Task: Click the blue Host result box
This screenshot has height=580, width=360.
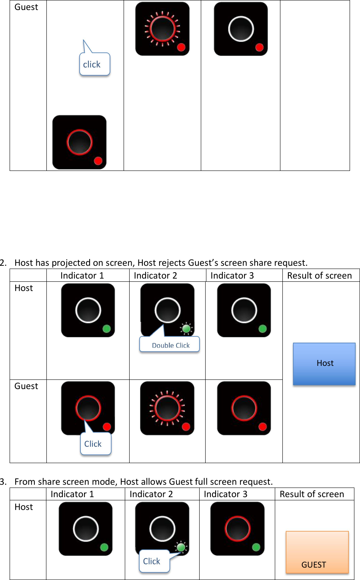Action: pyautogui.click(x=324, y=363)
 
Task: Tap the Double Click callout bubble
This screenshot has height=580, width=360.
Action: pyautogui.click(x=170, y=345)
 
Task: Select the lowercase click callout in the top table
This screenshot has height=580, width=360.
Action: pyautogui.click(x=94, y=64)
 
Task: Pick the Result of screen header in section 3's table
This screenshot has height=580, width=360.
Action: pyautogui.click(x=312, y=494)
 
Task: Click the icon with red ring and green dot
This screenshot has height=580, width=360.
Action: pyautogui.click(x=237, y=528)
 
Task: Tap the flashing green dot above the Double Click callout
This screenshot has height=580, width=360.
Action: pyautogui.click(x=186, y=329)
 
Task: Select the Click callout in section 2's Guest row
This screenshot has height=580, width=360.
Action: pyautogui.click(x=95, y=444)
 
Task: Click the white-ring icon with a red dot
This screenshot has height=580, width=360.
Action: pyautogui.click(x=240, y=29)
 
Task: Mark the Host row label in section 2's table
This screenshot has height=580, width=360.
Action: pyautogui.click(x=24, y=288)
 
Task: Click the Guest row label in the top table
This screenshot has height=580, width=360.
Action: pyautogui.click(x=26, y=7)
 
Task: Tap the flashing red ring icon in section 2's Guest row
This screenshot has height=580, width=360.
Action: pyautogui.click(x=167, y=408)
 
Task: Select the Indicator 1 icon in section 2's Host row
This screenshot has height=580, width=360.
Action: pyautogui.click(x=88, y=310)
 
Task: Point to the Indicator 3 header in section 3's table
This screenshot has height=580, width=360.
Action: pyautogui.click(x=226, y=494)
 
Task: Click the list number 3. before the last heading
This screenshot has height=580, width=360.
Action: pyautogui.click(x=3, y=482)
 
